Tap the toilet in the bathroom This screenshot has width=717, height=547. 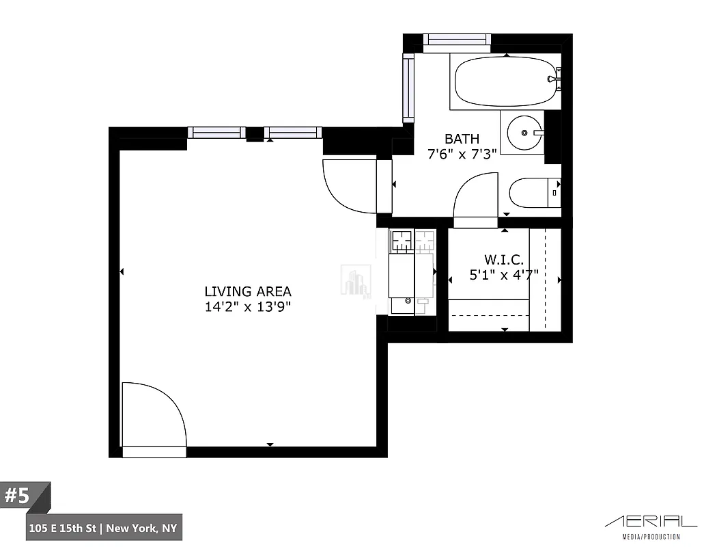[x=534, y=193]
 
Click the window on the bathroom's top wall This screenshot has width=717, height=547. [x=457, y=42]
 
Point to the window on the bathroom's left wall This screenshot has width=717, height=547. [x=408, y=88]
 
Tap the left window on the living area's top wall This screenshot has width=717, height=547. [x=216, y=133]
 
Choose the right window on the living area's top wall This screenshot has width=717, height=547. [x=292, y=133]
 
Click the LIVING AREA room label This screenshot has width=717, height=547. [x=248, y=291]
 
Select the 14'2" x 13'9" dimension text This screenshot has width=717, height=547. [x=248, y=307]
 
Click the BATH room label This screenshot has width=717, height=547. [x=462, y=139]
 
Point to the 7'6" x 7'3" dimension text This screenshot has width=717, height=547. [x=462, y=155]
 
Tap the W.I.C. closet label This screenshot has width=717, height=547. [x=504, y=260]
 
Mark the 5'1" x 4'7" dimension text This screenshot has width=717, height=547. [x=504, y=275]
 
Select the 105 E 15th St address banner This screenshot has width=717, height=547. [x=104, y=528]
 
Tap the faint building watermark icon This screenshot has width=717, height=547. [x=356, y=281]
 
